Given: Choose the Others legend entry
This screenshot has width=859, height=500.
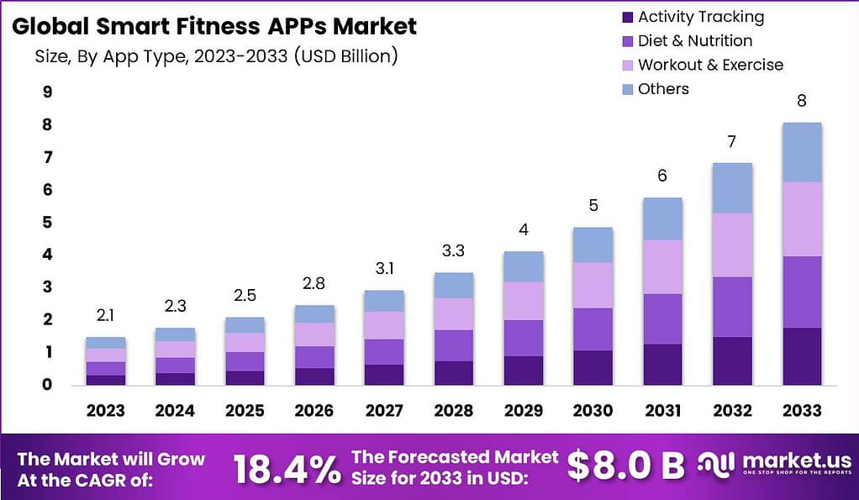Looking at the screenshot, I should (653, 89).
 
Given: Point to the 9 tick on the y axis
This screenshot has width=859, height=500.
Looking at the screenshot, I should (47, 92).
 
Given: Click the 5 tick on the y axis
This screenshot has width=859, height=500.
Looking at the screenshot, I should (47, 223).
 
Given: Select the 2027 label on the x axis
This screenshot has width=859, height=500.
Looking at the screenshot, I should (382, 411).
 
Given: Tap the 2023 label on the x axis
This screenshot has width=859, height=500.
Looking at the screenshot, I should (106, 411).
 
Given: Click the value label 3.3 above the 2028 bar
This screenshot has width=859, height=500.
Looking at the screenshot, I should (452, 250).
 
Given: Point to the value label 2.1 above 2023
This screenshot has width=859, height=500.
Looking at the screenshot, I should (106, 315).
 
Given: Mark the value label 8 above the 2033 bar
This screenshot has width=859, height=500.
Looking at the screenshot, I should (801, 101).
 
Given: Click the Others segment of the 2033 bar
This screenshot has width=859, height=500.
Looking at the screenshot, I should (801, 152).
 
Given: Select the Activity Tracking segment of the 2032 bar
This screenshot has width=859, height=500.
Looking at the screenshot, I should (732, 361).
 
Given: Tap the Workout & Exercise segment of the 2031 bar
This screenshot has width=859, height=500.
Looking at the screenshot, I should (663, 266).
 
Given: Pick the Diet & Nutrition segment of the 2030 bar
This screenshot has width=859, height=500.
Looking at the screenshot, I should (593, 329).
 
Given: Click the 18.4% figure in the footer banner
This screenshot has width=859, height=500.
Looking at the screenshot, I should (287, 468).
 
